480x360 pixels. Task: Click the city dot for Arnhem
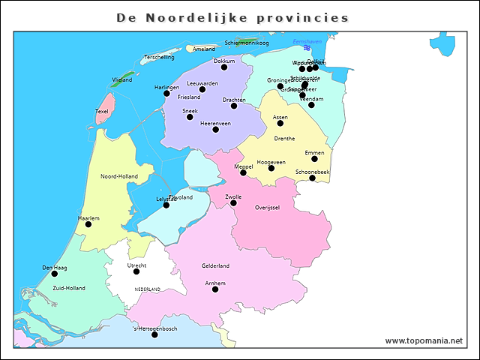pos(215,289)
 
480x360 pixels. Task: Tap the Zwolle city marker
pos(233,203)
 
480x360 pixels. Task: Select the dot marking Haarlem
pos(88,224)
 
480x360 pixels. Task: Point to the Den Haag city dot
pos(54,274)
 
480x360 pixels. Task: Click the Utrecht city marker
pos(136,271)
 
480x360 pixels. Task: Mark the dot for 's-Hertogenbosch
pos(154,334)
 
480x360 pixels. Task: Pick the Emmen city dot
pos(315,159)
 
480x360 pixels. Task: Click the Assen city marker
pos(280,123)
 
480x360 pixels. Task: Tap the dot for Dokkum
pos(224,67)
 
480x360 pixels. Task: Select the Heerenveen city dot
pos(215,130)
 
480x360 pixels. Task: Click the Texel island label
pos(102,112)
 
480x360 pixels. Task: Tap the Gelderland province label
pos(215,265)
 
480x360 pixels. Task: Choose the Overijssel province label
pos(267,207)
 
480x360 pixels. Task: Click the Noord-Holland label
pos(118,176)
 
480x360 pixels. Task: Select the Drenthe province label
pos(284,139)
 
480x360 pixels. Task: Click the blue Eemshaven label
pos(307,41)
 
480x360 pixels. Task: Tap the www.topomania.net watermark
pos(424,340)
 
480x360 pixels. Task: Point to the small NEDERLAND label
pos(148,289)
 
